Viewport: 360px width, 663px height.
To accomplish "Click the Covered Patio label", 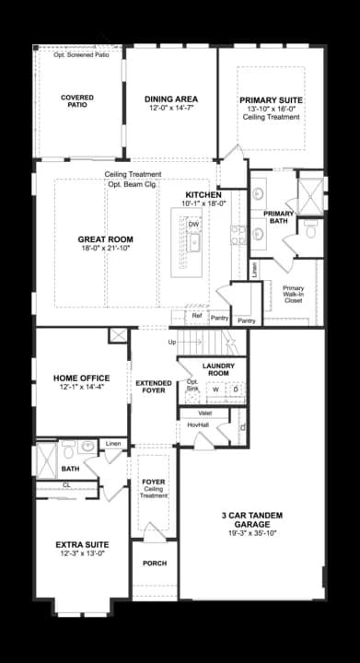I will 78,100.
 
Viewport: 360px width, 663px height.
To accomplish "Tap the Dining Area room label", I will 172,99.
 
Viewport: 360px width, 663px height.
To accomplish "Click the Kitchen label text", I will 203,194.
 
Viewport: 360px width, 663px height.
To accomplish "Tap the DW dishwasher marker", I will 193,224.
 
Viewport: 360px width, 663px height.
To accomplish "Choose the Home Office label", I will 82,378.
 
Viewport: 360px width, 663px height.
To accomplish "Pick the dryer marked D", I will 236,389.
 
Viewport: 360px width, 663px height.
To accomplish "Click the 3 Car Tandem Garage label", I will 250,519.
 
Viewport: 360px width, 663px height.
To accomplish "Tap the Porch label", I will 154,564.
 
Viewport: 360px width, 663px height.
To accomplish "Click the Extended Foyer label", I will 154,386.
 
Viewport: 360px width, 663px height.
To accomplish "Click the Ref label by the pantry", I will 196,316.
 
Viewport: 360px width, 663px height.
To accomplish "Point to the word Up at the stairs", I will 172,343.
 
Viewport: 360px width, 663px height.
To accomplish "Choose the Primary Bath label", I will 279,217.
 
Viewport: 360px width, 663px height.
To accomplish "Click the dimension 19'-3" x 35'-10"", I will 250,532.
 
